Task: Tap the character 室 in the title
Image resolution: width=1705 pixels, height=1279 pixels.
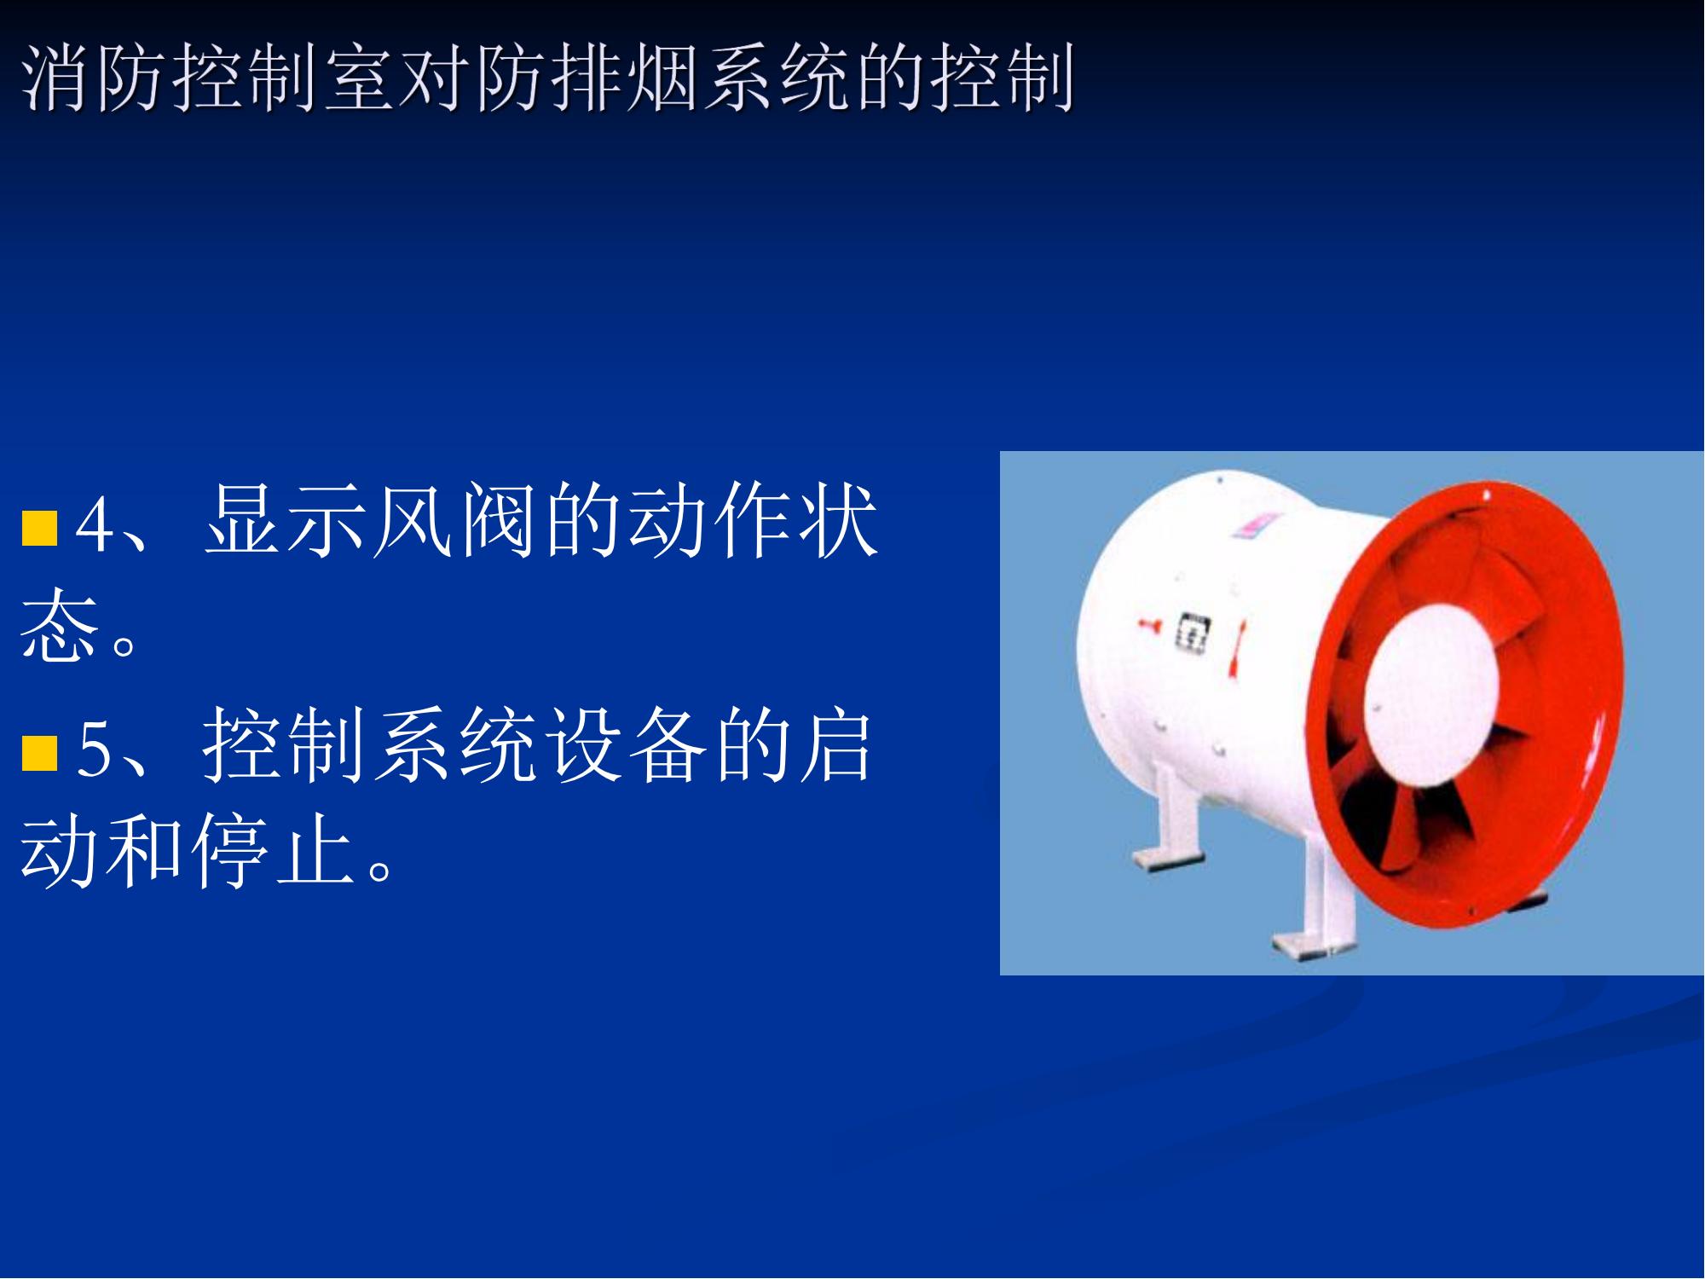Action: point(359,78)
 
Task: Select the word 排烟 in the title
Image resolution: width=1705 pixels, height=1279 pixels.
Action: point(624,78)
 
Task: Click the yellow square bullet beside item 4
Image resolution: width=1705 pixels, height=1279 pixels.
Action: point(39,527)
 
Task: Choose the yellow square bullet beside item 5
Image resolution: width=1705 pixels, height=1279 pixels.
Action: point(39,752)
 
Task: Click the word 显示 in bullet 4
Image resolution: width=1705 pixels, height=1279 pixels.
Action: point(286,521)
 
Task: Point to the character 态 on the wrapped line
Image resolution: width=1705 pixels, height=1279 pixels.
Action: point(58,625)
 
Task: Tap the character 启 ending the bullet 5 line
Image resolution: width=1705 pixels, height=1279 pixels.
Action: point(835,745)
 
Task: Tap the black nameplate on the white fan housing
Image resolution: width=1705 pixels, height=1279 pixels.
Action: point(1193,634)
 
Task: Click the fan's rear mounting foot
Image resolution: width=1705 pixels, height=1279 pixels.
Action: point(1170,819)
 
